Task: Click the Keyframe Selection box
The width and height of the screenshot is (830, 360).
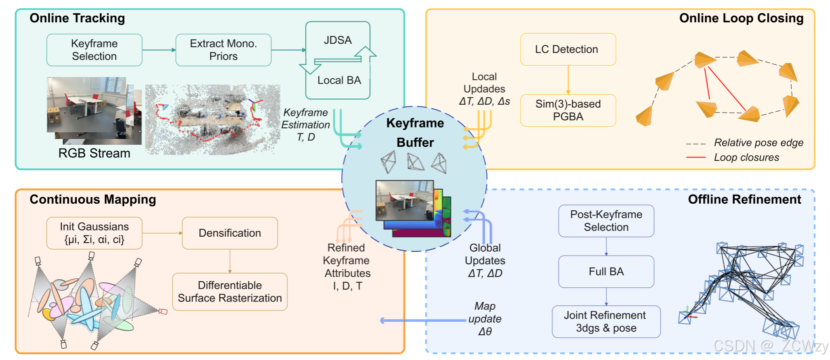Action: coord(94,50)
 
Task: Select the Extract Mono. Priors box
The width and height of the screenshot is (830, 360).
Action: coord(223,50)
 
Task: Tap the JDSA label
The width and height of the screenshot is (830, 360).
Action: coord(337,40)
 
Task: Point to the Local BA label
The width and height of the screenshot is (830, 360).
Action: coord(339,80)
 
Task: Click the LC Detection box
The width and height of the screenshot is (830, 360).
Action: coord(568,49)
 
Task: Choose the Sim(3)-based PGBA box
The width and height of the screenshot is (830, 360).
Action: coord(568,110)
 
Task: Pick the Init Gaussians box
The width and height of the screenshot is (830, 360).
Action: coord(94,233)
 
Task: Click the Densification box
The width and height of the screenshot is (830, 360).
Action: coord(229,233)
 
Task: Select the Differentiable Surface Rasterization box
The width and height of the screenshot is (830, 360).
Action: coord(229,292)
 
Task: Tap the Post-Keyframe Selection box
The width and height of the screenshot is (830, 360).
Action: coord(606,221)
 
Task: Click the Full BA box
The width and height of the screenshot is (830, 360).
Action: coord(606,271)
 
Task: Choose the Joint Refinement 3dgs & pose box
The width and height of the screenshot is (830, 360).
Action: coord(606,321)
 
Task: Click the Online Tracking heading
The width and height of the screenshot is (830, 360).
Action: coord(77,18)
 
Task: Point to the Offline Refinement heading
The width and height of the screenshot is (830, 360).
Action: coord(744,199)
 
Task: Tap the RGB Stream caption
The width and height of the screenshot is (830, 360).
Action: coord(94,153)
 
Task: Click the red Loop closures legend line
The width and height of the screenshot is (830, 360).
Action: coord(696,157)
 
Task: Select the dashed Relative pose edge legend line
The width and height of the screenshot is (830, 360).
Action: coord(696,144)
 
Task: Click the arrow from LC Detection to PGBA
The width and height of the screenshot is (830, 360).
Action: coord(568,80)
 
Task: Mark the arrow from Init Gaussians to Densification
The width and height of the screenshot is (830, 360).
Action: coord(162,233)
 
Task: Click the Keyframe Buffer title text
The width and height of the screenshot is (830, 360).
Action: coord(415,132)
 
